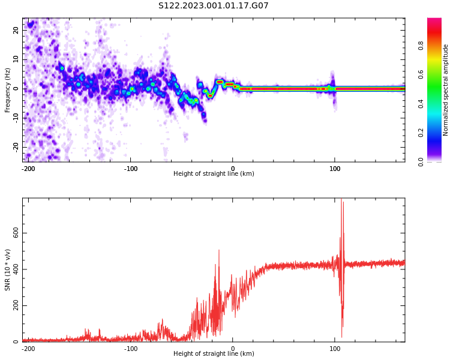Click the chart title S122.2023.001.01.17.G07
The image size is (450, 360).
214,6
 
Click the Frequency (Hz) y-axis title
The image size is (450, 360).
8,90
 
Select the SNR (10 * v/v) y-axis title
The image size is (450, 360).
8,269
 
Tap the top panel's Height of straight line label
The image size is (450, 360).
214,173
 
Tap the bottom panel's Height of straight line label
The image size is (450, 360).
214,353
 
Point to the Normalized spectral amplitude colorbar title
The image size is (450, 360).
446,90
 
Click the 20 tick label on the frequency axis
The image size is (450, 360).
16,30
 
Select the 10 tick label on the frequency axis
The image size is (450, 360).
16,59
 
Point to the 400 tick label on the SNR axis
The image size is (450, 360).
14,269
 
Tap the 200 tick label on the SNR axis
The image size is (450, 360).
14,305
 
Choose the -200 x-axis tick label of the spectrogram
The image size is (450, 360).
28,169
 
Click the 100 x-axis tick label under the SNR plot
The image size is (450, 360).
335,349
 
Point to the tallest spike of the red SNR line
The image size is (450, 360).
341,200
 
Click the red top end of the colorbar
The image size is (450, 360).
434,20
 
